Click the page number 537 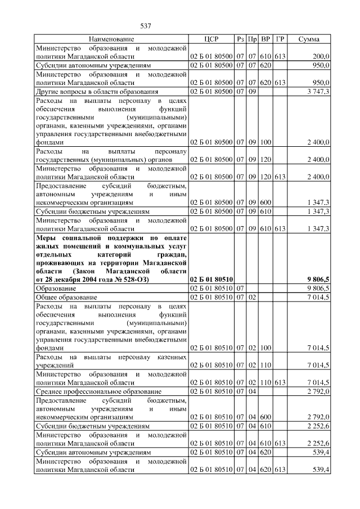point(146,26)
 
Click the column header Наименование point(111,39)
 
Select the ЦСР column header point(210,39)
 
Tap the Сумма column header point(309,39)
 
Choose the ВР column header point(265,39)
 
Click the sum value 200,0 point(321,56)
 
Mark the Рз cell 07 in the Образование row point(240,288)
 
